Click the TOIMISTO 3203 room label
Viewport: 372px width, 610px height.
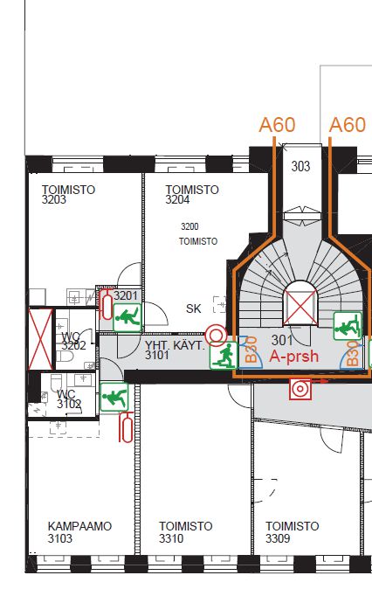(x=68, y=195)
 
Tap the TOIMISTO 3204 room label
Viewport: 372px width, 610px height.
(x=192, y=195)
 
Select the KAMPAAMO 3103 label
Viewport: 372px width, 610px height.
(x=79, y=532)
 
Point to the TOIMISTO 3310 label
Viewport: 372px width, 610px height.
(x=185, y=532)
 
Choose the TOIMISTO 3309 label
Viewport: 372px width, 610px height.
(x=293, y=532)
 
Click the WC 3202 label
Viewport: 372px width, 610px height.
(x=73, y=341)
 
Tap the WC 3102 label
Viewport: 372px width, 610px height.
(x=69, y=399)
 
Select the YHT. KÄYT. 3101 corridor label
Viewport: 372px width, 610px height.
(x=175, y=350)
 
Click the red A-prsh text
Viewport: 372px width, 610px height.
(x=294, y=356)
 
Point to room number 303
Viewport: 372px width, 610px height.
(x=300, y=167)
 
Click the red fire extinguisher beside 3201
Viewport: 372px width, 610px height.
(x=106, y=304)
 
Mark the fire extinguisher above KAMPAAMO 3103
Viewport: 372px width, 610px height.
(x=127, y=427)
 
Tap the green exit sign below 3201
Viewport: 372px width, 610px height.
(x=127, y=318)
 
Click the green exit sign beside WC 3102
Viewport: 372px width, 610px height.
(x=114, y=397)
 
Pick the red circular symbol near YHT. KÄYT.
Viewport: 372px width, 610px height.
(x=216, y=336)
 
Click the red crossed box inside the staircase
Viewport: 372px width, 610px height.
(x=301, y=308)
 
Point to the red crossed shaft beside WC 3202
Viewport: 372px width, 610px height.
(x=40, y=339)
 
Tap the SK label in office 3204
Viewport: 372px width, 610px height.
(x=194, y=308)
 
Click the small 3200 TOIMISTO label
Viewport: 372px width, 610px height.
(x=198, y=234)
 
